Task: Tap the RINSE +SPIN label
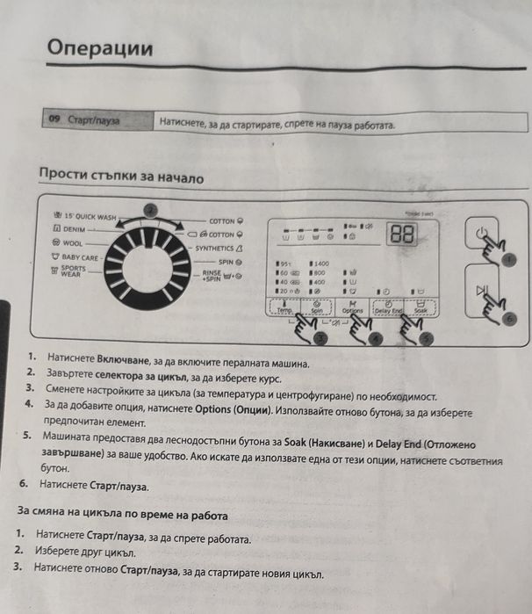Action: point(216,275)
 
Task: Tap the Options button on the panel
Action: point(352,307)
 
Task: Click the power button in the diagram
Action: point(479,235)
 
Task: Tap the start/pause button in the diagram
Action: point(480,291)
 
